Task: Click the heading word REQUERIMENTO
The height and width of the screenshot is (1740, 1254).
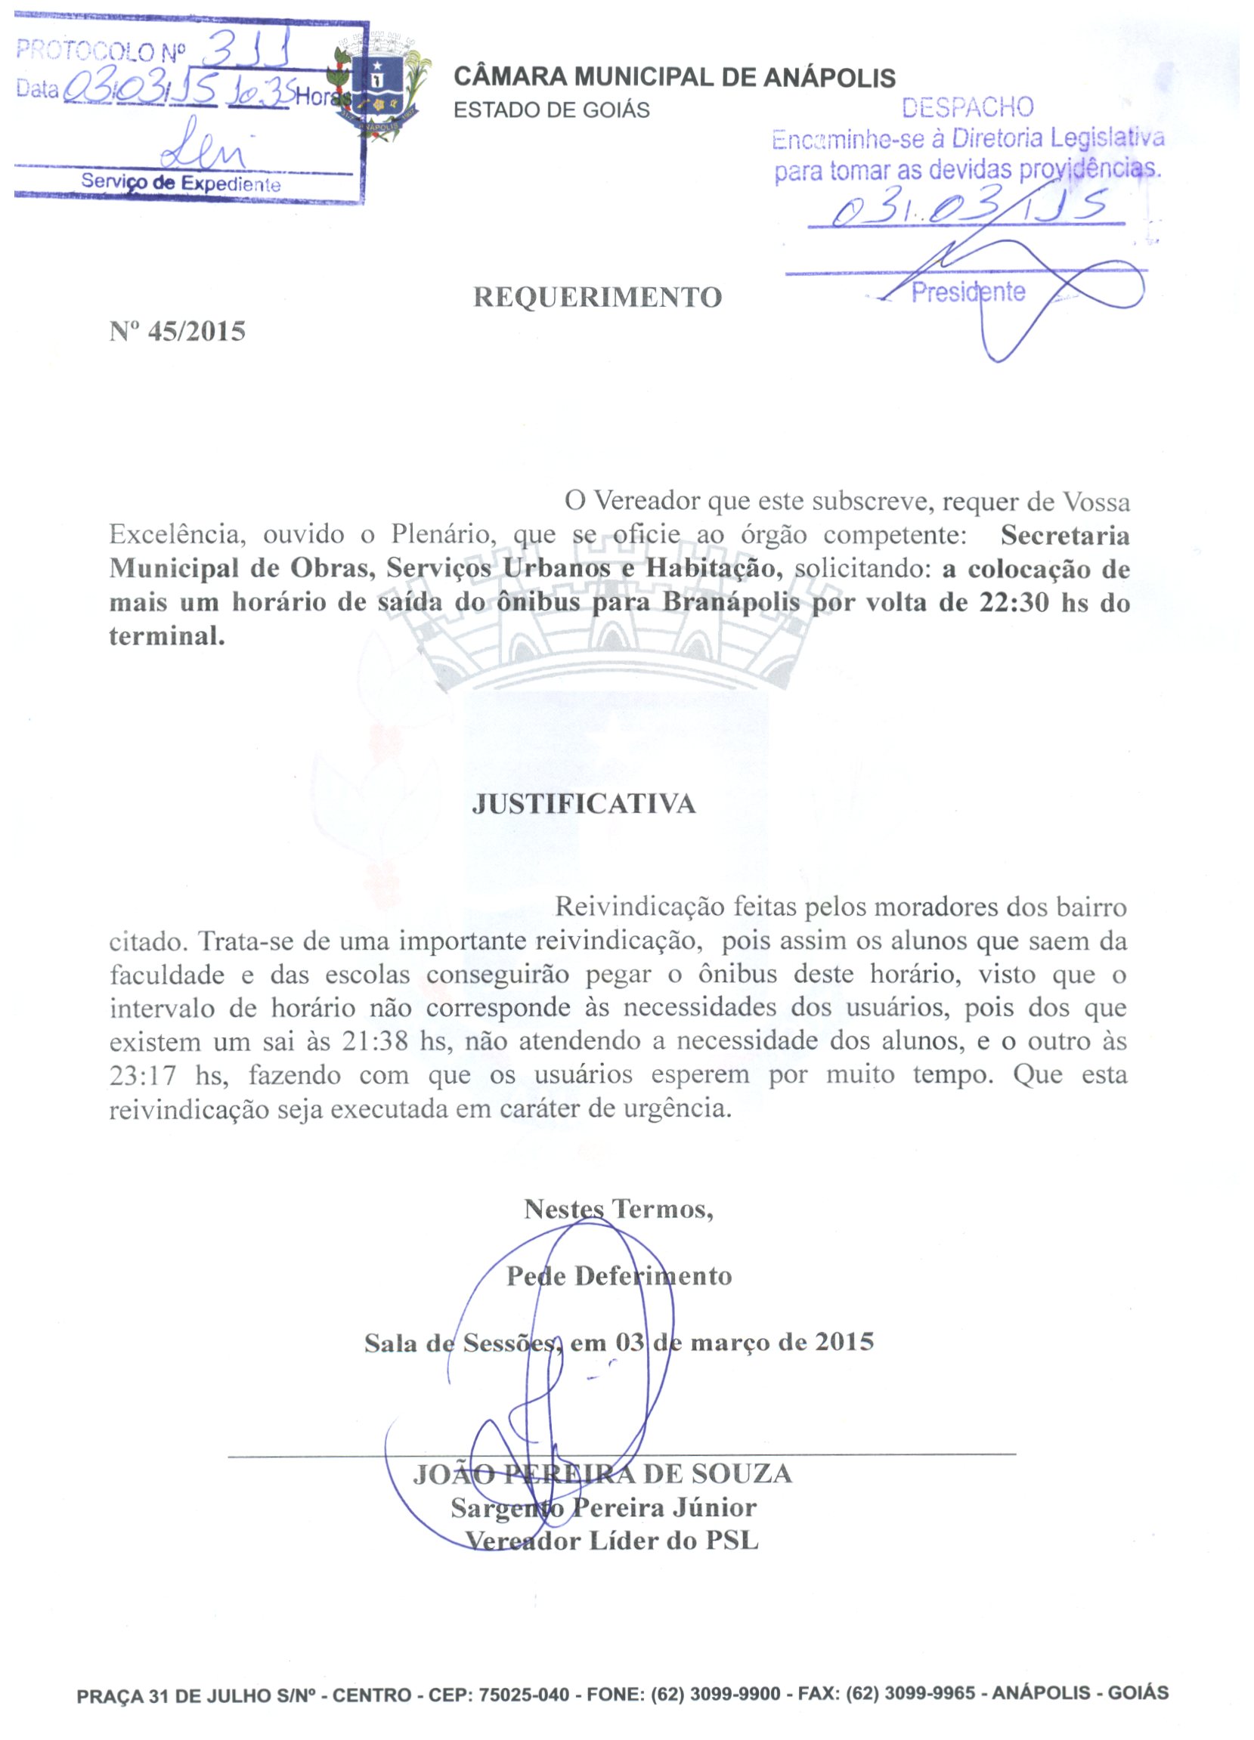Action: coord(597,297)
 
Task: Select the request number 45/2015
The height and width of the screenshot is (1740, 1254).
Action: coord(197,332)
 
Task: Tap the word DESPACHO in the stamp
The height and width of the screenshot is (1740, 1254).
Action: coord(967,107)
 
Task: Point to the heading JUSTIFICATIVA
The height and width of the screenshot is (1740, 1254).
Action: coord(584,803)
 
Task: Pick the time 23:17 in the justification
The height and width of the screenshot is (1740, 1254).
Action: coord(143,1075)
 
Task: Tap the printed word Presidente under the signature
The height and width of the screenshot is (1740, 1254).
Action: coord(968,292)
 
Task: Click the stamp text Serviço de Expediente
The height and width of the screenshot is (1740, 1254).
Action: coord(181,184)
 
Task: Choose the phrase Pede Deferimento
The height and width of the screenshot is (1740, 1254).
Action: coord(618,1276)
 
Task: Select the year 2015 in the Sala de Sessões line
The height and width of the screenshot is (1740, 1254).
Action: coord(844,1342)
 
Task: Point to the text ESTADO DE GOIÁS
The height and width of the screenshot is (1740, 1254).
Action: coord(551,110)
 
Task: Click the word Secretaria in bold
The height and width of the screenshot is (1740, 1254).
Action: coord(1064,535)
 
